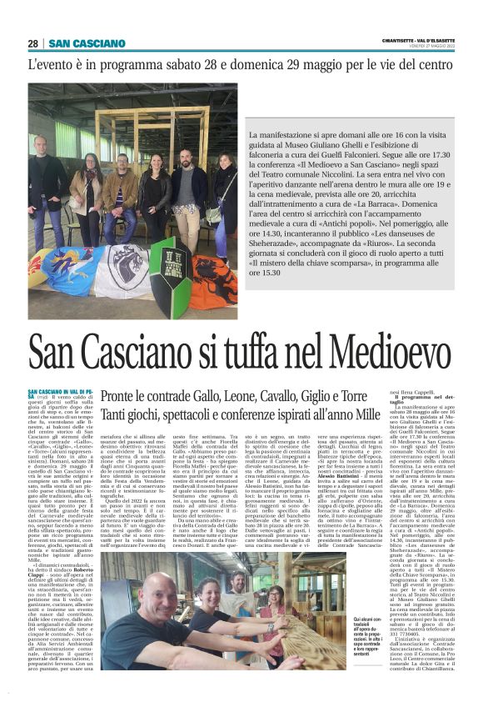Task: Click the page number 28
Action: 33,43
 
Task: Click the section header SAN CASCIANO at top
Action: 87,43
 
